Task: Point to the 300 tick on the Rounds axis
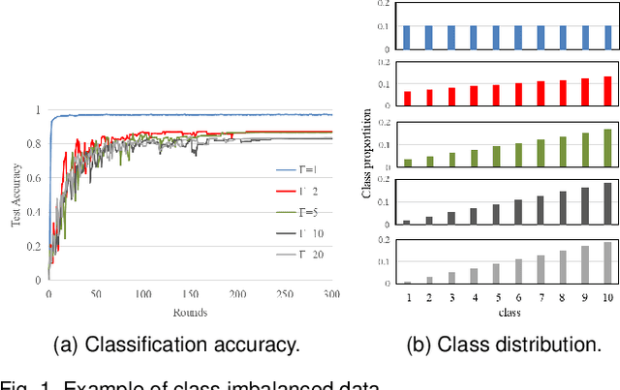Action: (330, 294)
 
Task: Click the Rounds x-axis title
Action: (190, 311)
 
